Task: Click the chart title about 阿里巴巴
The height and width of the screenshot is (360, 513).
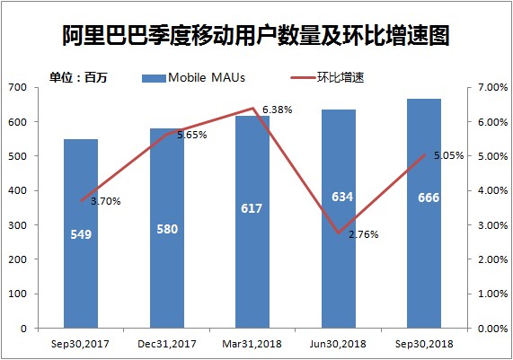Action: [256, 36]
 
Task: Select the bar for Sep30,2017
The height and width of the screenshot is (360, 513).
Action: [81, 269]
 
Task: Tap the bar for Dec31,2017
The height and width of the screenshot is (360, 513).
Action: [166, 269]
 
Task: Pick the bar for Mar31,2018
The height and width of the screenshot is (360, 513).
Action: [252, 269]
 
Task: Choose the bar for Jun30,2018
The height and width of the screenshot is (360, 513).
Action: [339, 269]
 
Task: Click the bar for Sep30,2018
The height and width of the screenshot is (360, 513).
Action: [424, 269]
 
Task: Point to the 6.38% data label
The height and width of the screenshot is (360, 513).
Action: [278, 110]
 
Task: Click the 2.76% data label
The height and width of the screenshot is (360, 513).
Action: [363, 235]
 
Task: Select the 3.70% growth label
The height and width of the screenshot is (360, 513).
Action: [105, 201]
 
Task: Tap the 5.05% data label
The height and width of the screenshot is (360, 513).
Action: [448, 155]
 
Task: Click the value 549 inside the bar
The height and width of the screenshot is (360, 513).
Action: [81, 235]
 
